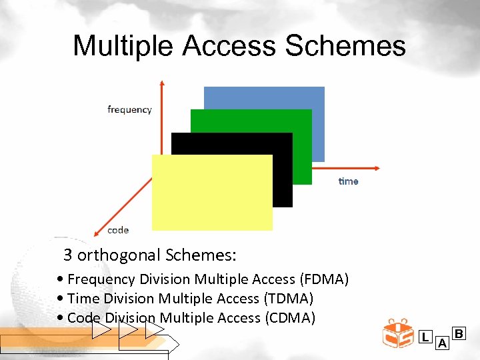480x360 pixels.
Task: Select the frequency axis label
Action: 129,109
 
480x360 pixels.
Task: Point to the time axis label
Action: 348,181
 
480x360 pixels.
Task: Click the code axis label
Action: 118,230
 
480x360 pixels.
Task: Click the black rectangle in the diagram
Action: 282,173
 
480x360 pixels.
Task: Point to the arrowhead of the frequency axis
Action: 161,84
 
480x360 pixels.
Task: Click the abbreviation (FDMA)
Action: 324,279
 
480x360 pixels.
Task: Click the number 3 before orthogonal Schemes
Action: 67,255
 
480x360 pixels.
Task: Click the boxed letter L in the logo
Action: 425,337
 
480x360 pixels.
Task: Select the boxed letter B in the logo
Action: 459,332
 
